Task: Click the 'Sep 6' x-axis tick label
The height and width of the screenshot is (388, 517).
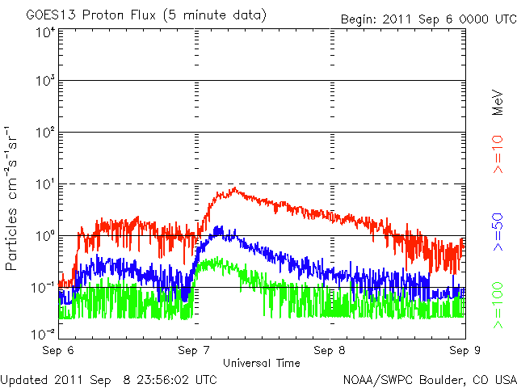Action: [59, 351]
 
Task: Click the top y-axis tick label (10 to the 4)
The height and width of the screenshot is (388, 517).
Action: [45, 32]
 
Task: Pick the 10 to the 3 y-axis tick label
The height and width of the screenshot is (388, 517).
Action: [45, 81]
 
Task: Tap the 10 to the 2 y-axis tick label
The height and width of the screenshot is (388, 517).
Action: [45, 132]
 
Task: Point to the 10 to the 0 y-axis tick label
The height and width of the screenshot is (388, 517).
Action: [45, 235]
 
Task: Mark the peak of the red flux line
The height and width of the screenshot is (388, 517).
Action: [234, 189]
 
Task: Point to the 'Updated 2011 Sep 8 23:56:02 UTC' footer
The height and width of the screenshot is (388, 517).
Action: [109, 378]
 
